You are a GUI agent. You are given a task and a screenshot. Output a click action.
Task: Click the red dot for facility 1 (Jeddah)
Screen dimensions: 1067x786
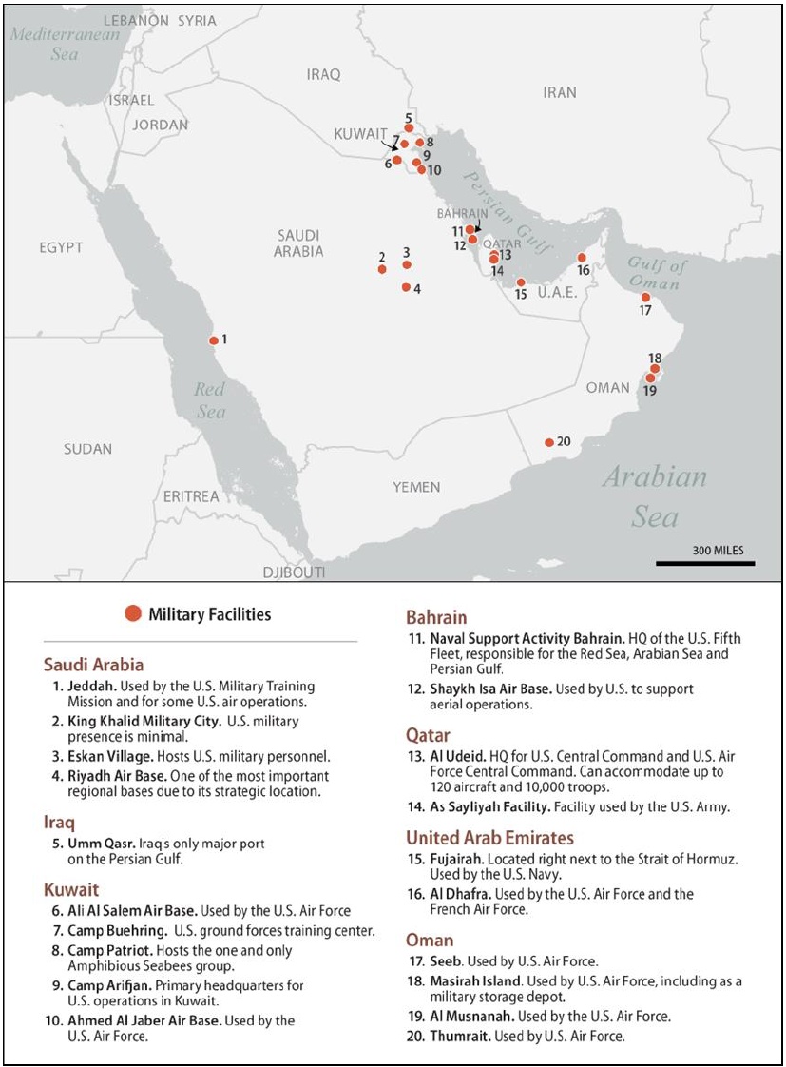(213, 339)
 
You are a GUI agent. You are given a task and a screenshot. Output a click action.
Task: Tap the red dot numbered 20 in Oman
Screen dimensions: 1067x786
(549, 442)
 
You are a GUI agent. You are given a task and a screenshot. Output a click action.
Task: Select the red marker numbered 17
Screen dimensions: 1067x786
(645, 298)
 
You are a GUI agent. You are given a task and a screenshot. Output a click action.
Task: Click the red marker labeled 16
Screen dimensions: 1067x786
(582, 258)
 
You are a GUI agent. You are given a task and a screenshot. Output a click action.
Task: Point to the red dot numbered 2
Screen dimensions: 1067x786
(382, 269)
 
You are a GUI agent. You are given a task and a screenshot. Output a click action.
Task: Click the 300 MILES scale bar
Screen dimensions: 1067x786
(704, 564)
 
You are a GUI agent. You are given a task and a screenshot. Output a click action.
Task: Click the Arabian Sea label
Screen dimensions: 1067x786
(655, 495)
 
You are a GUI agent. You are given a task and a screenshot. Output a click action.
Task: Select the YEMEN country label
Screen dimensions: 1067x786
(416, 487)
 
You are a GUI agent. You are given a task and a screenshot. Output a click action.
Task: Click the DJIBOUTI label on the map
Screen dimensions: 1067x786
(294, 572)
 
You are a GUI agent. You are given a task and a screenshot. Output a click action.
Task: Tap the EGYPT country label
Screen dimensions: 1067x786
(62, 248)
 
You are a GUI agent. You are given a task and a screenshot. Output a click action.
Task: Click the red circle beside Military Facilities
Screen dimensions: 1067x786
(134, 613)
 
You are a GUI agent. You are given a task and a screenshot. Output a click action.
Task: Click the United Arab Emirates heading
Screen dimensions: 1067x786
(489, 838)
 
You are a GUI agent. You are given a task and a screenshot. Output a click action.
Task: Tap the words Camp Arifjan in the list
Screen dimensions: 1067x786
(105, 985)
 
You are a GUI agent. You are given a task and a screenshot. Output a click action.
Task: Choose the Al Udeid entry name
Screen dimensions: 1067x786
(455, 756)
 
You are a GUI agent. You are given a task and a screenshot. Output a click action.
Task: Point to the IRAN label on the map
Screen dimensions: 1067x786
(560, 92)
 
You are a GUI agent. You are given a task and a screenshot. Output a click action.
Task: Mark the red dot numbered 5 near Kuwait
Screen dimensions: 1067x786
(409, 127)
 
